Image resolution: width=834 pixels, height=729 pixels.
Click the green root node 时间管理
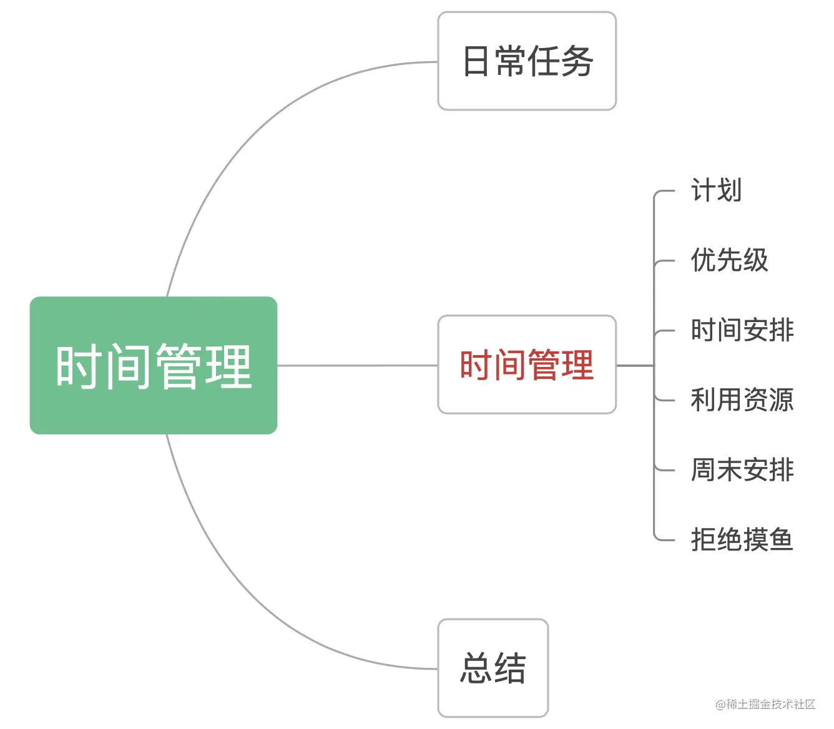pos(153,365)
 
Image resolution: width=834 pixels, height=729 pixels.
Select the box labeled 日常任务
pos(527,61)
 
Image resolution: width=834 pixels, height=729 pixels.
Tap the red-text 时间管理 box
pos(527,364)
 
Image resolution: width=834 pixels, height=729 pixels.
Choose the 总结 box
pos(493,668)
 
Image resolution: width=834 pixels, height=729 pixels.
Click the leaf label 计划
pos(716,190)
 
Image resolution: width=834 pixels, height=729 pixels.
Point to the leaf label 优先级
pos(729,260)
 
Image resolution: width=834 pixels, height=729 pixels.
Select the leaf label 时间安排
pos(742,330)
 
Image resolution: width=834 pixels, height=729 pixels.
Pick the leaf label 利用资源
pos(742,400)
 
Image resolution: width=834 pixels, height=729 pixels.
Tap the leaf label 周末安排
pos(742,470)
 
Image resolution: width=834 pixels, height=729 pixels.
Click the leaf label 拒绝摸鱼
pos(742,540)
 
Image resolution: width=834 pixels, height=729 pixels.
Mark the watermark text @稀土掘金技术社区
pos(765,704)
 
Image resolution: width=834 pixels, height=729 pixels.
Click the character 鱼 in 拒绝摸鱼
pos(781,540)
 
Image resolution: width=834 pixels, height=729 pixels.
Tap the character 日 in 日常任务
pos(476,61)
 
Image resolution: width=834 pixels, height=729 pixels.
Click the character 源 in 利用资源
pos(781,400)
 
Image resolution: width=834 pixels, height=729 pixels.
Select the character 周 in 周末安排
pos(703,470)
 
